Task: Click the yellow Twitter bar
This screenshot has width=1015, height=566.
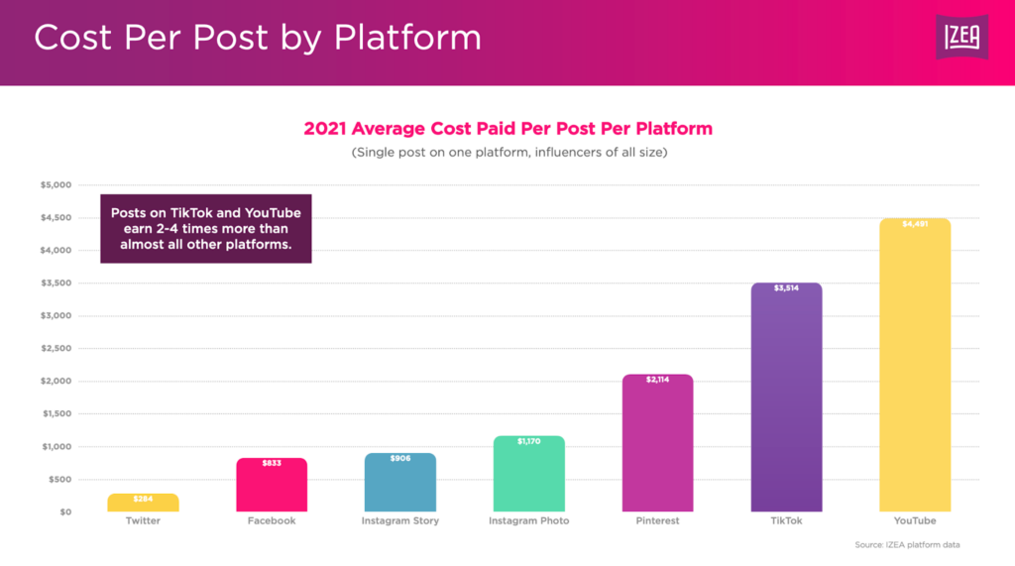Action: (x=143, y=504)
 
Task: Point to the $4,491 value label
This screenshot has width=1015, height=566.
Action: (x=915, y=224)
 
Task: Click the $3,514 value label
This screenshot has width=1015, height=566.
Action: (x=787, y=288)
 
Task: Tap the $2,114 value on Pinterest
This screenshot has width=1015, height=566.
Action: (x=658, y=380)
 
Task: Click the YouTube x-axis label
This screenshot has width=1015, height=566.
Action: (x=915, y=521)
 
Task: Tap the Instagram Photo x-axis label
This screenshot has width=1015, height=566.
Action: (x=529, y=521)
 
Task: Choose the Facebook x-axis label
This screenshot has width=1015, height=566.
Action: (x=272, y=521)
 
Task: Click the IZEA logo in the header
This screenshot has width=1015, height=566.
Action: (x=961, y=38)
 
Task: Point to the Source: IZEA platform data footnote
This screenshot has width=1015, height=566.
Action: (x=907, y=545)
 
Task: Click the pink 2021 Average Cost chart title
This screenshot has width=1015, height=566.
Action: (x=507, y=129)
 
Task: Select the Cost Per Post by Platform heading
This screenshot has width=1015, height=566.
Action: (x=258, y=38)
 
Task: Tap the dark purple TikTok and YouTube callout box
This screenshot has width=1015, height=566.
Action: (x=206, y=228)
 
